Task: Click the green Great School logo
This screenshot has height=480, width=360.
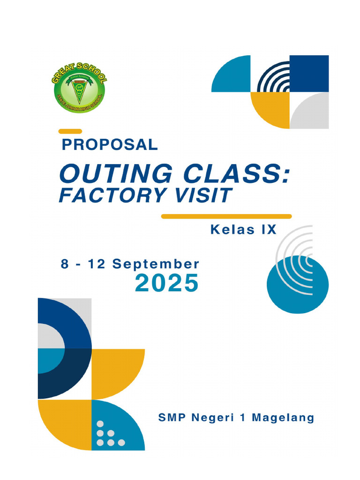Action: [78, 90]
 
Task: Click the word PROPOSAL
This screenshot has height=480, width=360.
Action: [110, 145]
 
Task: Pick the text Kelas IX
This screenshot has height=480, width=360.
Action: [243, 230]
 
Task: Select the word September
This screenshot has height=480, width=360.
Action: [156, 264]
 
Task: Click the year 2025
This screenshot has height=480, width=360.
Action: [167, 284]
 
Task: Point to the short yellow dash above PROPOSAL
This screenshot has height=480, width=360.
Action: [70, 131]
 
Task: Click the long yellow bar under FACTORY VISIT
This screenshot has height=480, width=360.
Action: [226, 217]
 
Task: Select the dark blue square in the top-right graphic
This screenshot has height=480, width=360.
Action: [309, 74]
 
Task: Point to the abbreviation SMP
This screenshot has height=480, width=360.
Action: [172, 418]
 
